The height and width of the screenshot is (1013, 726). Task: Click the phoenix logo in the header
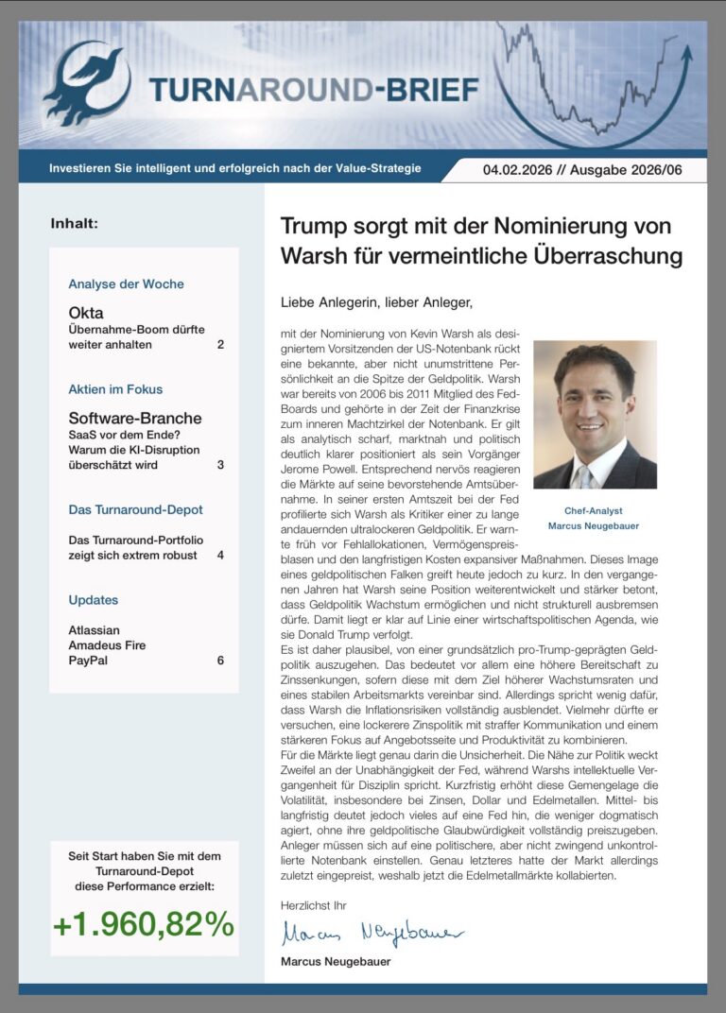click(x=88, y=83)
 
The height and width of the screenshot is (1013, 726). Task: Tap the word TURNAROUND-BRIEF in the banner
click(x=313, y=90)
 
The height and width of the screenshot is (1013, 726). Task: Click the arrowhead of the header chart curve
click(x=686, y=49)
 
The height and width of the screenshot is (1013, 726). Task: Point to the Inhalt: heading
click(x=75, y=224)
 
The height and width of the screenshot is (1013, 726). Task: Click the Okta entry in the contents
click(x=86, y=313)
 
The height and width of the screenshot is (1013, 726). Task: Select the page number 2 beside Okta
click(x=220, y=345)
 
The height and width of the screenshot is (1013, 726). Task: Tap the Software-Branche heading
click(x=135, y=418)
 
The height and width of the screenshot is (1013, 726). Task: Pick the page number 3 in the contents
click(x=220, y=465)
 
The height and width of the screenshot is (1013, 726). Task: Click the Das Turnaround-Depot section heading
click(x=135, y=510)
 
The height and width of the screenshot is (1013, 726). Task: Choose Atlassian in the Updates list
click(x=95, y=630)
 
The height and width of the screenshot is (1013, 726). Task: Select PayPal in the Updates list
click(x=88, y=661)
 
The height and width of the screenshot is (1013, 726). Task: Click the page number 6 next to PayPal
click(x=220, y=661)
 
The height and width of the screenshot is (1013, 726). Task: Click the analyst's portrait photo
click(x=595, y=414)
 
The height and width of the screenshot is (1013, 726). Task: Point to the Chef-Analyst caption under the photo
click(x=594, y=510)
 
